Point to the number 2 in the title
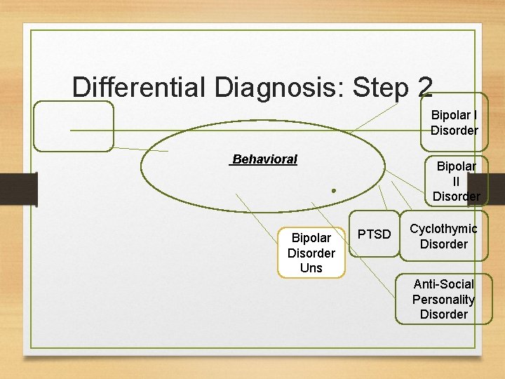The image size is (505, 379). coord(424,88)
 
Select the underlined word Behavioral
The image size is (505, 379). coord(264,159)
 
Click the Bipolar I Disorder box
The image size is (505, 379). coord(454,123)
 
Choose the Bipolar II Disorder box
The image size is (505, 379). coord(456,181)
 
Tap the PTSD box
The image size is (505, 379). coord(375,234)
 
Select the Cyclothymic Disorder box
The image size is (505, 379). coord(443,237)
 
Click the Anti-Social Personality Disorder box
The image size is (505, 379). coord(443,299)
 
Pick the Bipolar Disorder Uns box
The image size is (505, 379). coord(311,253)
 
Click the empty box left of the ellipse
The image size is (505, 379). coord(73,126)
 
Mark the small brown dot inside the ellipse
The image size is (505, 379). coord(335,190)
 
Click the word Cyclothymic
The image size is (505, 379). coord(443,229)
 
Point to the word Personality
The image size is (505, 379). coord(443,300)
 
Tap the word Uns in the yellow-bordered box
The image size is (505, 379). coord(311,268)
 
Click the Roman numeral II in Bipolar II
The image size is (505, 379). coord(456,181)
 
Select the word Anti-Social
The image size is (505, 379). coord(443,284)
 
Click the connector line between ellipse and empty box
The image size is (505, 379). coord(140,149)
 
